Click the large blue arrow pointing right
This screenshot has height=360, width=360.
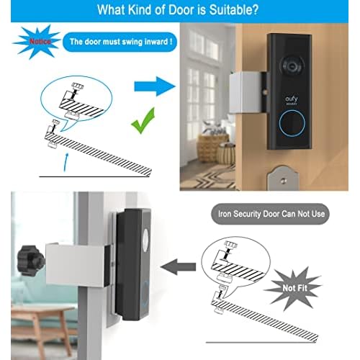tap(153, 88)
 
